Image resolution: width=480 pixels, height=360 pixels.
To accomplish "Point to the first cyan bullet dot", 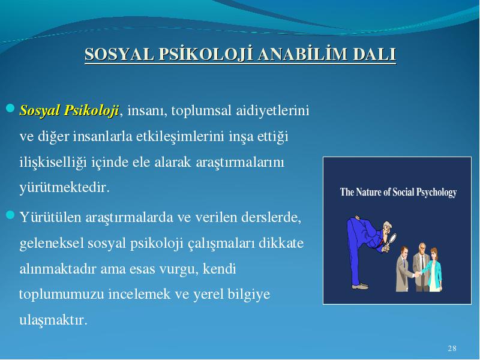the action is (x=10, y=108).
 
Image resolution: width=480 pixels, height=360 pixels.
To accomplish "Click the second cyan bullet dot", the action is (x=10, y=215).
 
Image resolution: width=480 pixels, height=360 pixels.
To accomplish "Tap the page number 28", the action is (x=452, y=349).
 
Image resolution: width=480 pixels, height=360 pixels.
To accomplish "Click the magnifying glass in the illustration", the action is (x=391, y=241).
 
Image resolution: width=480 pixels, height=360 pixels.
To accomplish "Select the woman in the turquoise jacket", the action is (x=433, y=269).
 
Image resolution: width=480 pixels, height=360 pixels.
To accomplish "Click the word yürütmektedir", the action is (x=64, y=187).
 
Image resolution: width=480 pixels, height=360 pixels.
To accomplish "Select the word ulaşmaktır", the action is (x=53, y=320).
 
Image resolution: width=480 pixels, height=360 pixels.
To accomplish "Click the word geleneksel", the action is (x=52, y=244).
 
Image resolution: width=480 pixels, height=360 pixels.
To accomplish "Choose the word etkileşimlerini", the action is (x=180, y=137).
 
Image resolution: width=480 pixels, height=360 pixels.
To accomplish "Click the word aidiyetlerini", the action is (x=272, y=111).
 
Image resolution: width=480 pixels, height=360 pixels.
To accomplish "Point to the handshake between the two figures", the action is (x=417, y=274).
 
